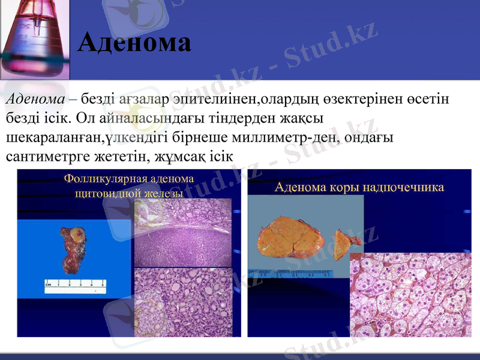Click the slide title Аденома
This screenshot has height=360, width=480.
click(134, 43)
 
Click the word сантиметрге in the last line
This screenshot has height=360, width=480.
click(43, 158)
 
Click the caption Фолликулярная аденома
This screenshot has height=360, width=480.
click(128, 179)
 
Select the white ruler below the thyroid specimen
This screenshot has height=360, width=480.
click(75, 287)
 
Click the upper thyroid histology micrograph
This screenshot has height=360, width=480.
click(182, 232)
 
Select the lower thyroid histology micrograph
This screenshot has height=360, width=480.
click(182, 302)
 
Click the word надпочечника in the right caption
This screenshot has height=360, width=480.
click(406, 187)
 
